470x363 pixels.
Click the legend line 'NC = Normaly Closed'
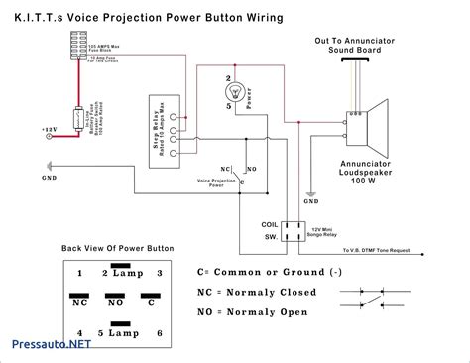coord(258,293)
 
